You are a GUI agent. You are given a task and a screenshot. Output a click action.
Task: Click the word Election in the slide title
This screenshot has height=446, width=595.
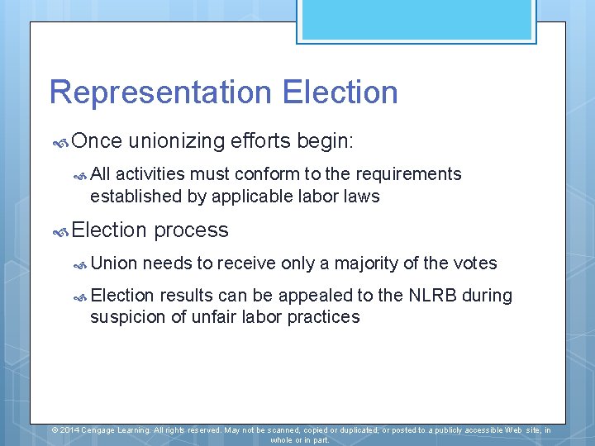click(340, 93)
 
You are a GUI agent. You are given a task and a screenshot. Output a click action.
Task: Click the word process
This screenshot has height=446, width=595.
click(191, 230)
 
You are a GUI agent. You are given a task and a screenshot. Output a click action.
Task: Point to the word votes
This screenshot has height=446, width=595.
click(475, 263)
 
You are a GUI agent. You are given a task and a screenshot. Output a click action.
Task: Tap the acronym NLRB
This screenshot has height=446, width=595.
click(433, 296)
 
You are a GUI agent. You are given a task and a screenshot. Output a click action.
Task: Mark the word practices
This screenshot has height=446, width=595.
click(323, 317)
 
